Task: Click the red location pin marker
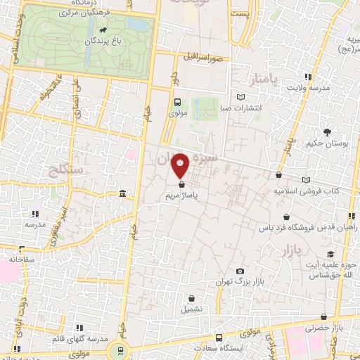pyautogui.click(x=181, y=164)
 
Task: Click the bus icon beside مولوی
pyautogui.click(x=178, y=101)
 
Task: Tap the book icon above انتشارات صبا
pyautogui.click(x=241, y=96)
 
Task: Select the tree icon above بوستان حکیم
pyautogui.click(x=327, y=131)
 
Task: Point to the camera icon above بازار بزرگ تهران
pyautogui.click(x=240, y=271)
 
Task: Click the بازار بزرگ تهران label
pyautogui.click(x=240, y=282)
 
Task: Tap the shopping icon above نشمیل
pyautogui.click(x=191, y=297)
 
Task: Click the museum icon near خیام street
pyautogui.click(x=123, y=193)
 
